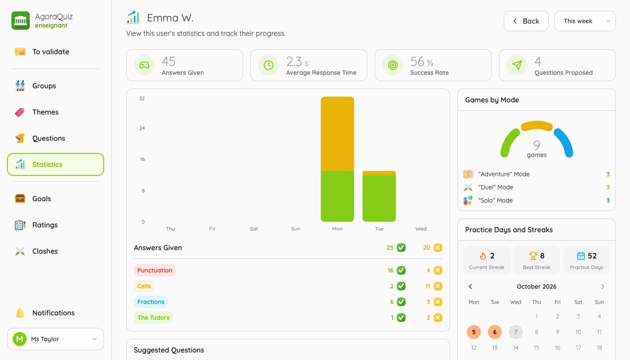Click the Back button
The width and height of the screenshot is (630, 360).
[526, 21]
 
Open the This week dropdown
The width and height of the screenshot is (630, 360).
[585, 21]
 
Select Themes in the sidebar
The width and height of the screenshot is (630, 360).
[45, 112]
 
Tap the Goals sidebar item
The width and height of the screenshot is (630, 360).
[42, 199]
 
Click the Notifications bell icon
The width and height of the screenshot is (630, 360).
[20, 313]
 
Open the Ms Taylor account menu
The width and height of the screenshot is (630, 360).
[56, 339]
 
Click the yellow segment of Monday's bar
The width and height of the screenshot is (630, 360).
[337, 134]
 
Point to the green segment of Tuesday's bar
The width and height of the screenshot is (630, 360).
[379, 198]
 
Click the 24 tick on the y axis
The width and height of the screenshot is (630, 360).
[142, 128]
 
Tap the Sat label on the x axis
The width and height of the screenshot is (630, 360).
[254, 229]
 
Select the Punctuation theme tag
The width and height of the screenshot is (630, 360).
[155, 270]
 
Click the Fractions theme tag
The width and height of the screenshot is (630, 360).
[151, 302]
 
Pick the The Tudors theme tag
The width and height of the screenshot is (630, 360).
[153, 318]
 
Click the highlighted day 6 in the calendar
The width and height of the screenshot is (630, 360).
[495, 332]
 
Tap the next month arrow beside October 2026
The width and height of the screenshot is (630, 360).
[603, 287]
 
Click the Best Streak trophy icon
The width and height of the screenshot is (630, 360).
[533, 255]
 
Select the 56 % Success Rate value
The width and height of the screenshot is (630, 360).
[422, 62]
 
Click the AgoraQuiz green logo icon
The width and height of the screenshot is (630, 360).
[21, 21]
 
